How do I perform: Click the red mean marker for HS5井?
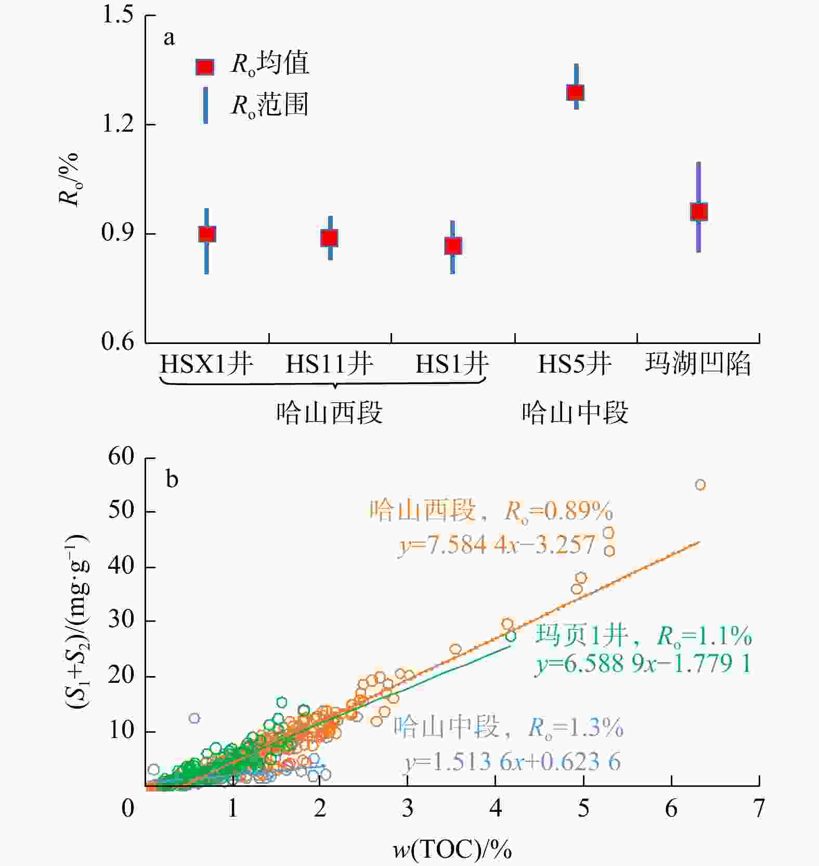575,93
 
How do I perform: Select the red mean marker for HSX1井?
207,234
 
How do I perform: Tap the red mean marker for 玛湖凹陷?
699,212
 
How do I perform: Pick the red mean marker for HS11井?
329,238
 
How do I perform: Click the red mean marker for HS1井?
453,246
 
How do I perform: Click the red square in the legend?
205,67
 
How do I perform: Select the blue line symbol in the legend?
206,105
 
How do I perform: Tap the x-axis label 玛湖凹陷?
698,364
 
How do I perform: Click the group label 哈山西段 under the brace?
329,413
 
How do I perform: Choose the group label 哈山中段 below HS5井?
575,413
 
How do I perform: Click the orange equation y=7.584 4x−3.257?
497,545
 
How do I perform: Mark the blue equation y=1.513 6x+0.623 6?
513,762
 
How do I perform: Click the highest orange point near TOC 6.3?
700,485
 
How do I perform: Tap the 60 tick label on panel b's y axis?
121,457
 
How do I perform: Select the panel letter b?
172,479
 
